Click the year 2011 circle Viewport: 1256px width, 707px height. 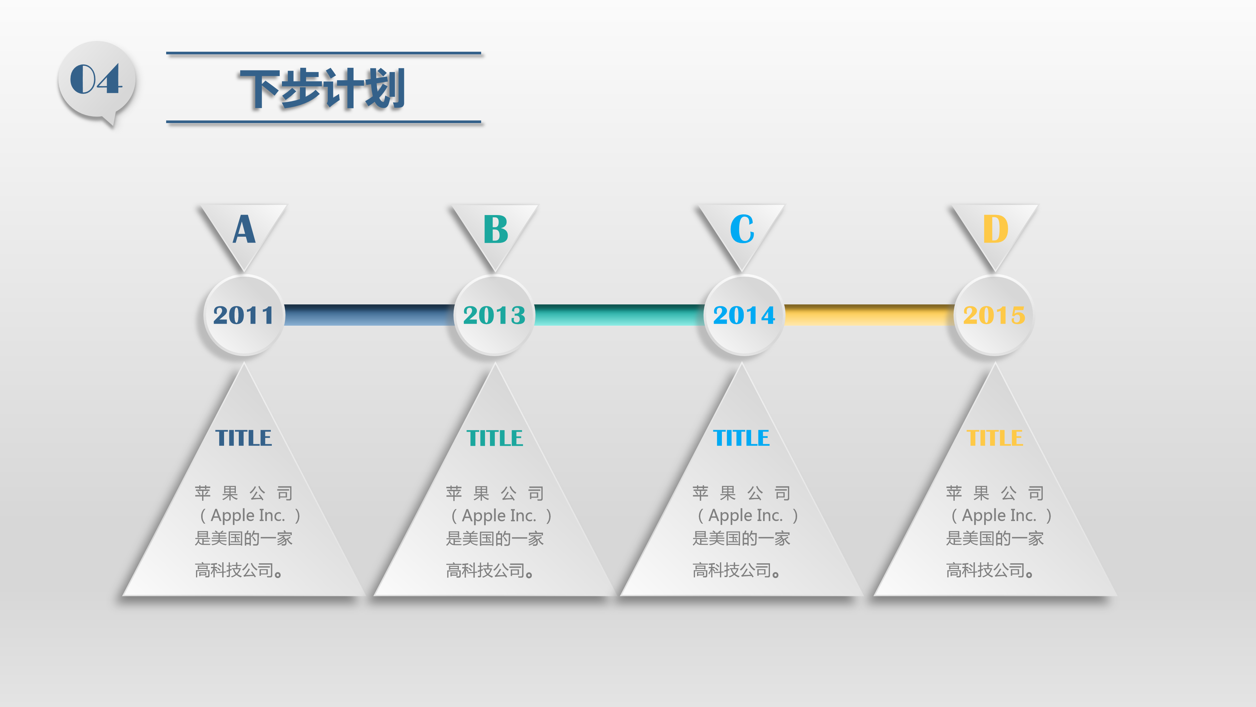[244, 315]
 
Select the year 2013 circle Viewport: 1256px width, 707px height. [495, 315]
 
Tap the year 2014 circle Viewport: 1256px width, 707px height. [744, 315]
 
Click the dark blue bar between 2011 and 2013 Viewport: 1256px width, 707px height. [369, 315]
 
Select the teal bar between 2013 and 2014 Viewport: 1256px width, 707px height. [619, 315]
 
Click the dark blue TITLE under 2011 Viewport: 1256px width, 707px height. [244, 438]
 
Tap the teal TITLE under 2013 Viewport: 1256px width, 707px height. [495, 438]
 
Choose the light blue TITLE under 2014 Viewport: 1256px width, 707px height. [741, 438]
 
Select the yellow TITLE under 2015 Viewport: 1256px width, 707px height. [995, 438]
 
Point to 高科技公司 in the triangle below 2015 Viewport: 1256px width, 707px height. [986, 570]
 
